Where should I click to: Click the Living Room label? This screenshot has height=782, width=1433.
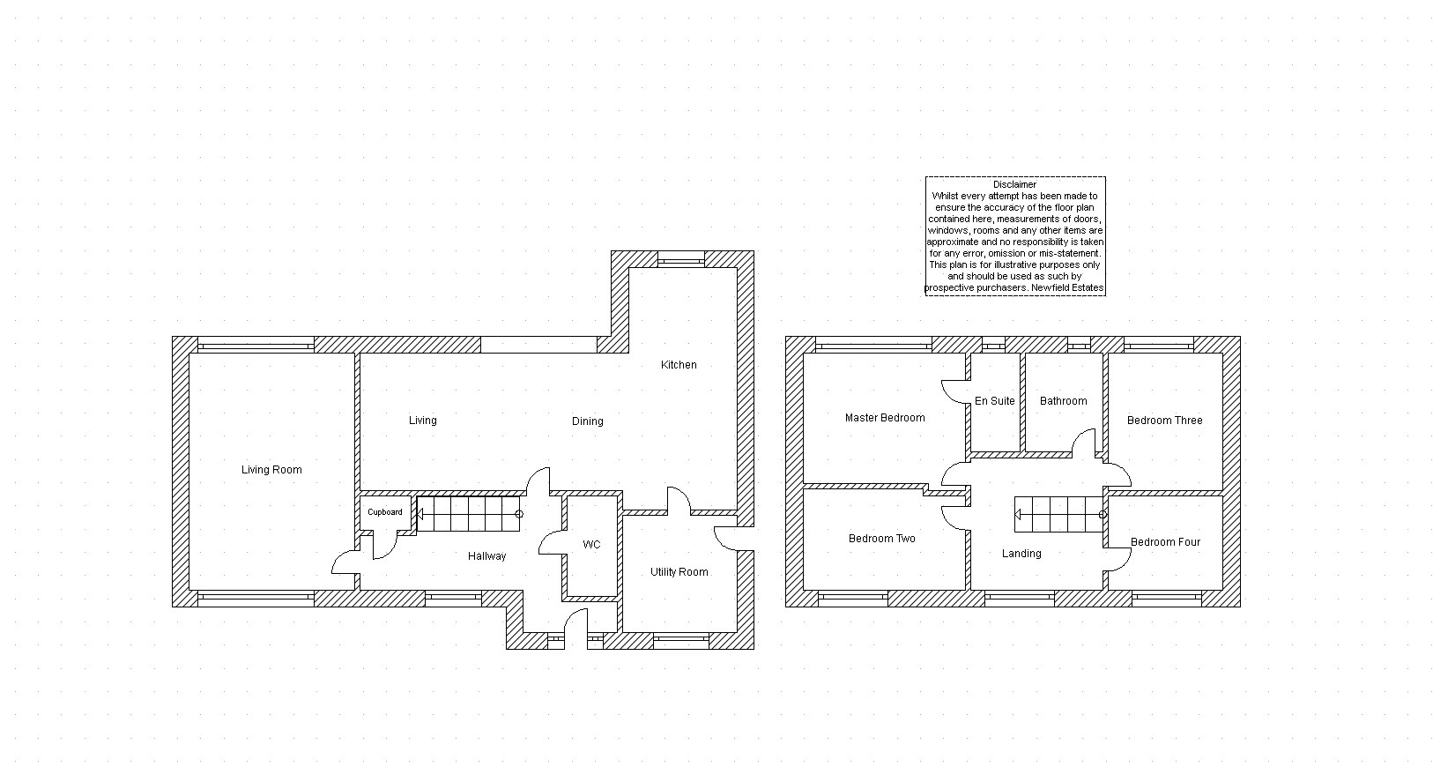(x=271, y=470)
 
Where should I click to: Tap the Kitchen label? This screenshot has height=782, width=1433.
(x=679, y=365)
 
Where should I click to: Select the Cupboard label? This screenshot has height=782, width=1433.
(x=385, y=512)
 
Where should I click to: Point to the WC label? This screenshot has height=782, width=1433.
(x=591, y=545)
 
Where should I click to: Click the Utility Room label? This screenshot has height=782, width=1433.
(x=679, y=572)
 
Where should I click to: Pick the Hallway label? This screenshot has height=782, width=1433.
(x=486, y=556)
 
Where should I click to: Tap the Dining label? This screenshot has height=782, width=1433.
(x=587, y=421)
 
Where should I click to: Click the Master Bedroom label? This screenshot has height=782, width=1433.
(x=885, y=418)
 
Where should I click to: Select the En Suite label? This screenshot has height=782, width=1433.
(x=995, y=401)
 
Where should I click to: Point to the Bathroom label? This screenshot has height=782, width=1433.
(x=1063, y=401)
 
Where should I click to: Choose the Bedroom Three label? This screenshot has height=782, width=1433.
(x=1165, y=421)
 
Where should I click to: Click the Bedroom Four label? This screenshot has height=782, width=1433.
(x=1166, y=542)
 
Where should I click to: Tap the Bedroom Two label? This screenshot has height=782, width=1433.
(x=882, y=539)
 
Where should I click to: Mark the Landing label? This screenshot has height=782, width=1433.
(x=1021, y=554)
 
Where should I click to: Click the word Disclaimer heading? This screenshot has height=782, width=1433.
(x=1015, y=184)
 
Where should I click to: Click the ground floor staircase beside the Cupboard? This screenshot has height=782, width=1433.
(x=469, y=514)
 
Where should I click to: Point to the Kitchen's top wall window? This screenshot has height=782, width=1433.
(x=681, y=259)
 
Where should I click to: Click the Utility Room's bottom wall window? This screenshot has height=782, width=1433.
(x=681, y=640)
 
